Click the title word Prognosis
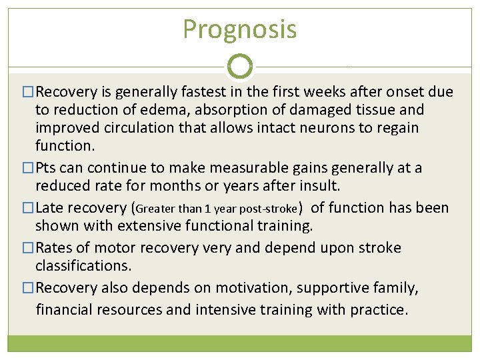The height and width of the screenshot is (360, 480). [239, 29]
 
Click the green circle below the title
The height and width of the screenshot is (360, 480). [240, 66]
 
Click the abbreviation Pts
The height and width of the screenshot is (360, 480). [47, 167]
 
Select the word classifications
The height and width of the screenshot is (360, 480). [83, 265]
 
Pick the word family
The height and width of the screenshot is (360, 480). [398, 288]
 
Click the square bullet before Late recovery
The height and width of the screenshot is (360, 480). [27, 208]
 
